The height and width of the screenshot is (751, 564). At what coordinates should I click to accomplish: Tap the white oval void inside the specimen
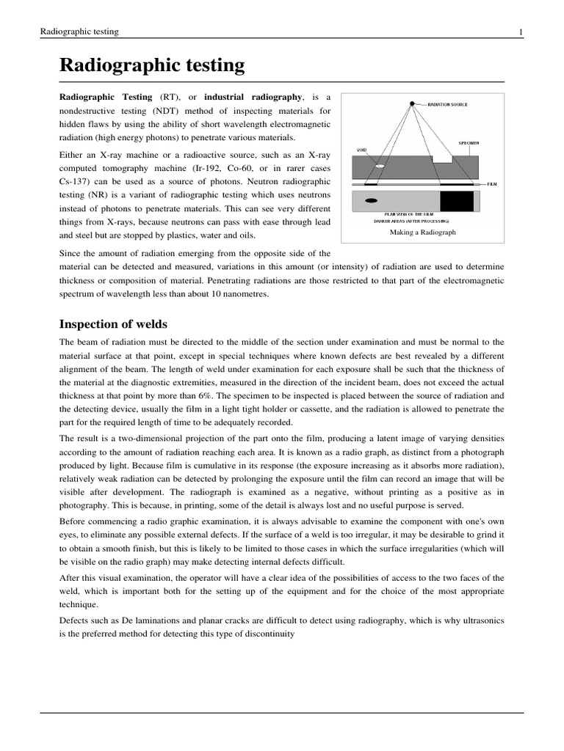(380, 167)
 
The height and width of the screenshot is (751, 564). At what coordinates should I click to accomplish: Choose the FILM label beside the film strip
(492, 185)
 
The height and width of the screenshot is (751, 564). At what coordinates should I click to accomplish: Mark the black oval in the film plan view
(371, 200)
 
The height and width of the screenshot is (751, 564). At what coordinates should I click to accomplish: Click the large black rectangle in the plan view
(457, 200)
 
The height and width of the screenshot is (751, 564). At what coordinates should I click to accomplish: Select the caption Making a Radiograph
(422, 232)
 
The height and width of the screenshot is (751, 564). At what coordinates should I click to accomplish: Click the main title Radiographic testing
(152, 65)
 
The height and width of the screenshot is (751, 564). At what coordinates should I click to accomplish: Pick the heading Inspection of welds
(113, 323)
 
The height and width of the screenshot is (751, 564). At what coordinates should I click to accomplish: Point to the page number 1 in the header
(521, 32)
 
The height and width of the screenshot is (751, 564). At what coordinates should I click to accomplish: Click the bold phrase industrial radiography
(253, 97)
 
